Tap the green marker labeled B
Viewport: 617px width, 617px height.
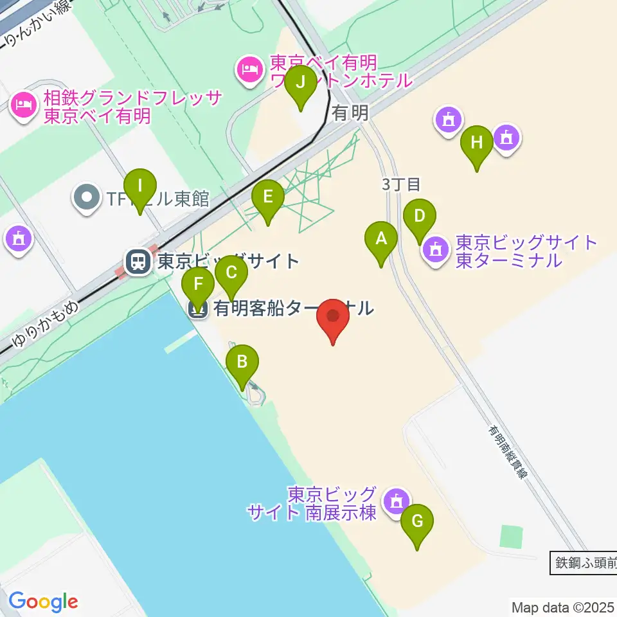point(242,362)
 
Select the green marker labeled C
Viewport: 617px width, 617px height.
point(231,273)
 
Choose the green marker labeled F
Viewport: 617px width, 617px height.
point(199,284)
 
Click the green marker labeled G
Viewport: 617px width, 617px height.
point(417,521)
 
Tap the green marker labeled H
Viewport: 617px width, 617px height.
point(476,143)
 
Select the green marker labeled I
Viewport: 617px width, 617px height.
point(141,187)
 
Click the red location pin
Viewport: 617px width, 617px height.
point(333,317)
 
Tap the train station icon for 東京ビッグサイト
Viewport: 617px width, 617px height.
point(138,262)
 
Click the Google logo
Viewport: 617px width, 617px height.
point(43,602)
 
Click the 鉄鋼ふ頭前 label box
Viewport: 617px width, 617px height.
point(584,564)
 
